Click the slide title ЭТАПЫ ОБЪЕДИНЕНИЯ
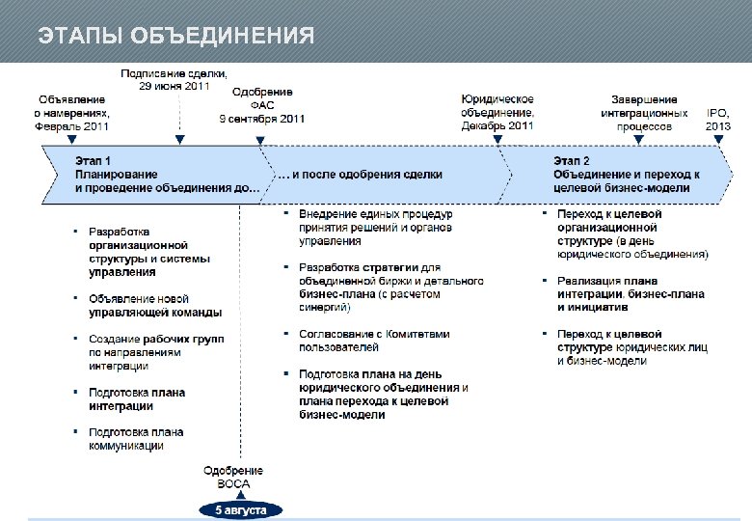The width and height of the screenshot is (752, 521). click(x=175, y=37)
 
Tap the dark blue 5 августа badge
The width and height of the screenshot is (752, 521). click(x=240, y=509)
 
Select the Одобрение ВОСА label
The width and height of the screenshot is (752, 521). click(x=232, y=477)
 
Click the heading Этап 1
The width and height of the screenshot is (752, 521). click(x=94, y=160)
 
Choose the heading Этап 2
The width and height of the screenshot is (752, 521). click(x=572, y=160)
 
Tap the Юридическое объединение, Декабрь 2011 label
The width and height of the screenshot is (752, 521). click(x=497, y=112)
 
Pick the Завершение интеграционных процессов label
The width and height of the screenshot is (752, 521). click(x=644, y=112)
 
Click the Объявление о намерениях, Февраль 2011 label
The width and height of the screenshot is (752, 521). click(x=72, y=112)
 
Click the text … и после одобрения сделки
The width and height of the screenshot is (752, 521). click(x=361, y=175)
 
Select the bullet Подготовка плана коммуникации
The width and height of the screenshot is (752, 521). click(x=136, y=439)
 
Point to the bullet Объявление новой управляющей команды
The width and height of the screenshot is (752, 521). click(x=154, y=306)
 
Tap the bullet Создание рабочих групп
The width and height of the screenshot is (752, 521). click(x=155, y=352)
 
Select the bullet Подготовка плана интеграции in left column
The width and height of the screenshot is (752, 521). click(x=136, y=398)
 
